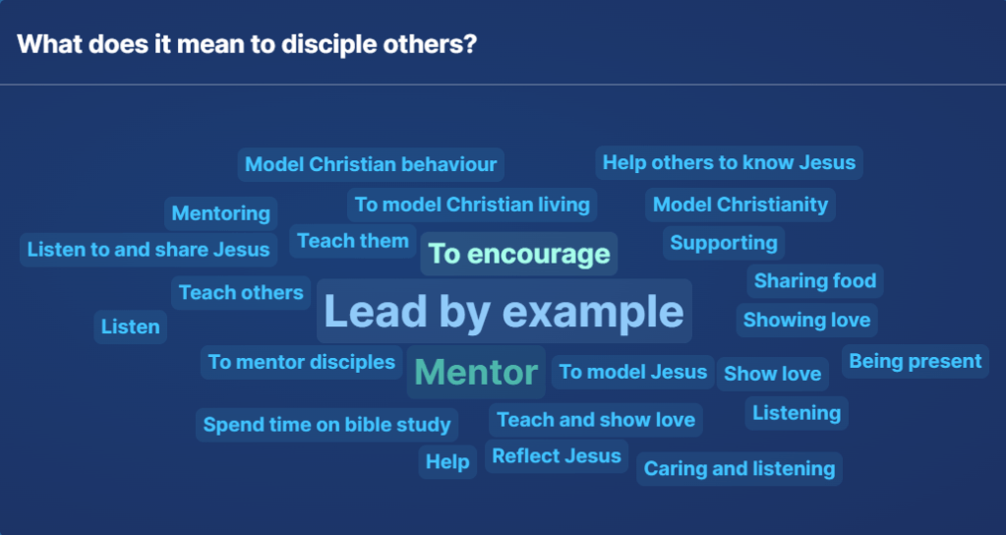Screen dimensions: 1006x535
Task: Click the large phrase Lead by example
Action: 503,311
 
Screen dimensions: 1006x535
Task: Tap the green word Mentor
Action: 476,372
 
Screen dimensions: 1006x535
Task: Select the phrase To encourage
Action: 519,254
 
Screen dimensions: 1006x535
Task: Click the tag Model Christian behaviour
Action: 371,165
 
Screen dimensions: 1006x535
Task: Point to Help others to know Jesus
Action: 729,163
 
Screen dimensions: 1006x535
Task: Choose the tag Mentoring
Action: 220,213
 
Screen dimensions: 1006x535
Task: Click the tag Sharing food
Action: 815,281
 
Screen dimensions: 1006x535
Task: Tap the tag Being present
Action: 915,361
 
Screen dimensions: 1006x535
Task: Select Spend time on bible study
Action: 327,425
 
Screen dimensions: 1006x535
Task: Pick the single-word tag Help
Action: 447,462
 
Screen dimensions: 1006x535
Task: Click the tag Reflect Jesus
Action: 557,456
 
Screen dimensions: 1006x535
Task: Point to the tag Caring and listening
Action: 740,469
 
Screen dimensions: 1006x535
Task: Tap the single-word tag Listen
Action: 130,327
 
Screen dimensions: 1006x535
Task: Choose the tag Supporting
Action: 724,243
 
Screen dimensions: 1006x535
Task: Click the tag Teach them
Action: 353,241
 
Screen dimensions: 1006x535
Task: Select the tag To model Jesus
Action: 632,372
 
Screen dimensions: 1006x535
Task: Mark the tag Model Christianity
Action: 740,205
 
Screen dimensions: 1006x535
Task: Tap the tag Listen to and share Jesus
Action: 148,250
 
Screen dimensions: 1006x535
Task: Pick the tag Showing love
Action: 806,320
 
